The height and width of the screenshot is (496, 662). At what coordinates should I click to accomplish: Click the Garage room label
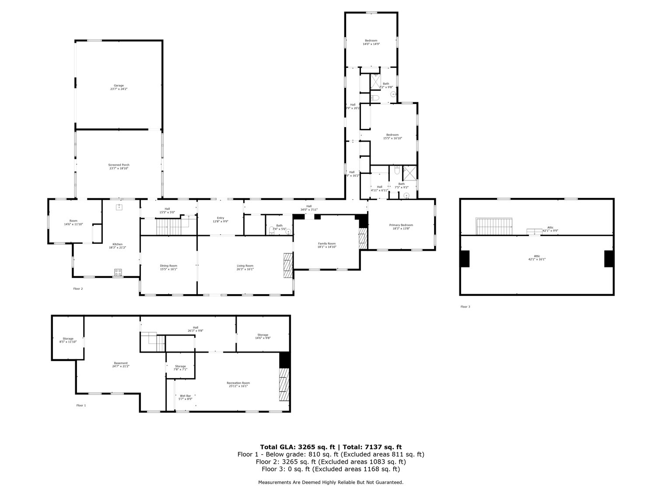tap(119, 87)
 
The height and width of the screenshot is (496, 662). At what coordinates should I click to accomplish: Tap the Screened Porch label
tap(119, 166)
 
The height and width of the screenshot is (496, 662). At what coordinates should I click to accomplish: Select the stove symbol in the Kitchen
tap(118, 272)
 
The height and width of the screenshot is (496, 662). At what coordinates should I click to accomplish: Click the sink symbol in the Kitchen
tap(119, 207)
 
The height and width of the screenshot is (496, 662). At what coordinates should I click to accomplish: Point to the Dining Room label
tap(168, 267)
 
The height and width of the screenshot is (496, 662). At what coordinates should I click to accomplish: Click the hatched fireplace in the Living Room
tap(287, 265)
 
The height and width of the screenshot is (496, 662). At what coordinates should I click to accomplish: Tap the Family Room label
tap(326, 245)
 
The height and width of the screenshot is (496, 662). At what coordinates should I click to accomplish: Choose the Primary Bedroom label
tap(401, 226)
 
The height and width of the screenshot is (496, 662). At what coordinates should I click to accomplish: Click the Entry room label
tap(220, 219)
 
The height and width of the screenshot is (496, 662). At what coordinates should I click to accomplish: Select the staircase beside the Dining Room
tap(168, 227)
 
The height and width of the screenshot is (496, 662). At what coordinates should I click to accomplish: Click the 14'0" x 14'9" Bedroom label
tap(371, 42)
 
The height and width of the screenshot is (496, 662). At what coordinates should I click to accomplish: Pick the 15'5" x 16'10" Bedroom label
tap(392, 136)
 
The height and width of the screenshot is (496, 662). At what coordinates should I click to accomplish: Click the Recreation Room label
tap(238, 384)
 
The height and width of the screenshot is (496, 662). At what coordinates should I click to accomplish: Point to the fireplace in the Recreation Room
tap(284, 384)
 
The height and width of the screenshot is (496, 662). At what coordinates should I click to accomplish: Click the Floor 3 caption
tap(465, 307)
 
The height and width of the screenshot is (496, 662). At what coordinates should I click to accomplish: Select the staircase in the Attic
tap(494, 226)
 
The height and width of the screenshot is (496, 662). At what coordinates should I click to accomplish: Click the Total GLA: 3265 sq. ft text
tap(298, 447)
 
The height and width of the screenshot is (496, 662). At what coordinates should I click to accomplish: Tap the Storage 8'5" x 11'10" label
tap(68, 340)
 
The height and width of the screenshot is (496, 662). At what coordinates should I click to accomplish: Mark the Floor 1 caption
tap(81, 406)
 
